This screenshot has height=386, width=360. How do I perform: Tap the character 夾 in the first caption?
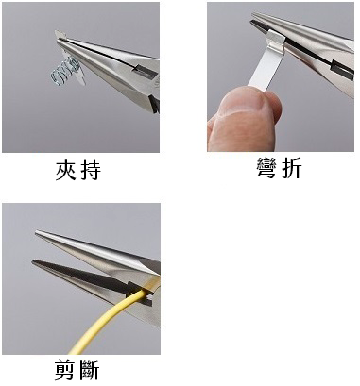[x=65, y=171]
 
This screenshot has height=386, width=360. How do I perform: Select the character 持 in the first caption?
[x=91, y=171]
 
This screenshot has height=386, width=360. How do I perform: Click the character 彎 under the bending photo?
[x=266, y=168]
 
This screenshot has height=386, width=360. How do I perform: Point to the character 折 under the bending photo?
[x=292, y=168]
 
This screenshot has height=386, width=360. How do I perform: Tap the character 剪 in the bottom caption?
[x=65, y=370]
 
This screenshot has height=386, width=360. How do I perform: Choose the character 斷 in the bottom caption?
[x=89, y=370]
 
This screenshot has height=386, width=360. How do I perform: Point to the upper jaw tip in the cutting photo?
[x=36, y=232]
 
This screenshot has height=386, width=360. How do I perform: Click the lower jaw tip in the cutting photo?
[x=33, y=261]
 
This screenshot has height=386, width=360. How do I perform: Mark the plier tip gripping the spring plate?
[x=58, y=35]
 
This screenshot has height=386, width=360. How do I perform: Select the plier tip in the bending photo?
[x=252, y=16]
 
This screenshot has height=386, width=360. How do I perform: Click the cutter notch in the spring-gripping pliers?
[x=146, y=71]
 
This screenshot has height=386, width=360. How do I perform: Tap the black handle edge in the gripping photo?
[x=155, y=105]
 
